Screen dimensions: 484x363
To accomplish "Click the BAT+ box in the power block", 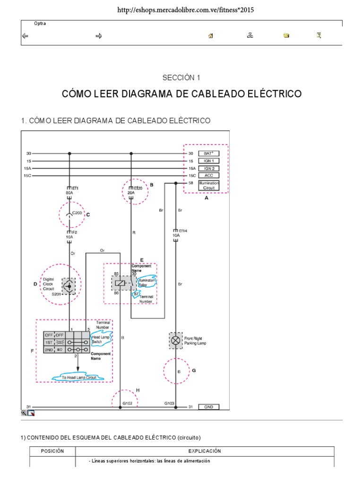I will [x=208, y=154].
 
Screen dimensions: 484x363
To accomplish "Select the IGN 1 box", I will [x=208, y=161].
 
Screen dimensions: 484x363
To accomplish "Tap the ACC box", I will [x=208, y=175].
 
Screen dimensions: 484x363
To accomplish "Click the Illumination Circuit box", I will [x=208, y=185].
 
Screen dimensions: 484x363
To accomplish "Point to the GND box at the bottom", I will [x=208, y=407].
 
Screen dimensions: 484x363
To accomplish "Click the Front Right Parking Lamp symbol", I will [x=176, y=340].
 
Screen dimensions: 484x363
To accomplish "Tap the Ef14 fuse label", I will [x=182, y=230].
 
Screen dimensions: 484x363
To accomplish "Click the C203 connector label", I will [x=77, y=213].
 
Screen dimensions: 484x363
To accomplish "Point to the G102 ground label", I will [x=127, y=404].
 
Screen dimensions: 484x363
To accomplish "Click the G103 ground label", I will [x=170, y=403].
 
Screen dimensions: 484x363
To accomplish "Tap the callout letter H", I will [x=138, y=390].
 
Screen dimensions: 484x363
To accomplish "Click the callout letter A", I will [x=207, y=198].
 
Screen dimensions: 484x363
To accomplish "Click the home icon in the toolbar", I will [x=210, y=35].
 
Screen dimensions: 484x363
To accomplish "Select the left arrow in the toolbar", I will [x=26, y=35].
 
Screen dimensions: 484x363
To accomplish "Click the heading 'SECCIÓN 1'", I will [x=181, y=77].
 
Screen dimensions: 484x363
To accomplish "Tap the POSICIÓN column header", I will [x=52, y=451].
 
